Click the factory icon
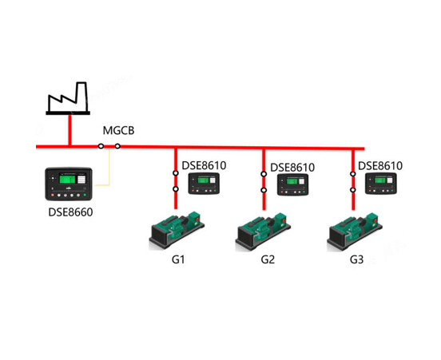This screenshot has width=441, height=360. (68, 98)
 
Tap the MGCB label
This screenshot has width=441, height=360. (118, 130)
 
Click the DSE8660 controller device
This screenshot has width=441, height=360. (69, 184)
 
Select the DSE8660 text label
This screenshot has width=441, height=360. (70, 212)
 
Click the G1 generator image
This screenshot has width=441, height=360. (177, 231)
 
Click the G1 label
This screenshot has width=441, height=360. (178, 259)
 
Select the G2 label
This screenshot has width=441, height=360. (268, 259)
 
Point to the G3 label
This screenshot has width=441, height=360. (356, 259)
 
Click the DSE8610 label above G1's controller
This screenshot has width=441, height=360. (204, 166)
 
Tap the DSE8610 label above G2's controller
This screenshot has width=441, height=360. (292, 168)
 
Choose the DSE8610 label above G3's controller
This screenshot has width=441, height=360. (380, 166)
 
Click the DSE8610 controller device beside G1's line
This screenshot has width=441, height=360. (204, 184)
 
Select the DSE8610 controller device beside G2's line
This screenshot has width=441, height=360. (292, 184)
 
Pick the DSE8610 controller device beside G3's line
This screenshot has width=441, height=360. (381, 184)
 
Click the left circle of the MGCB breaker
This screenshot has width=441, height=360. (101, 146)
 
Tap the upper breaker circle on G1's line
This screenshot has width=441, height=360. (176, 173)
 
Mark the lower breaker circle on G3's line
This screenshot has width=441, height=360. (353, 190)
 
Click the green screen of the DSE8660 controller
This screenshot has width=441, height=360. (67, 179)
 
